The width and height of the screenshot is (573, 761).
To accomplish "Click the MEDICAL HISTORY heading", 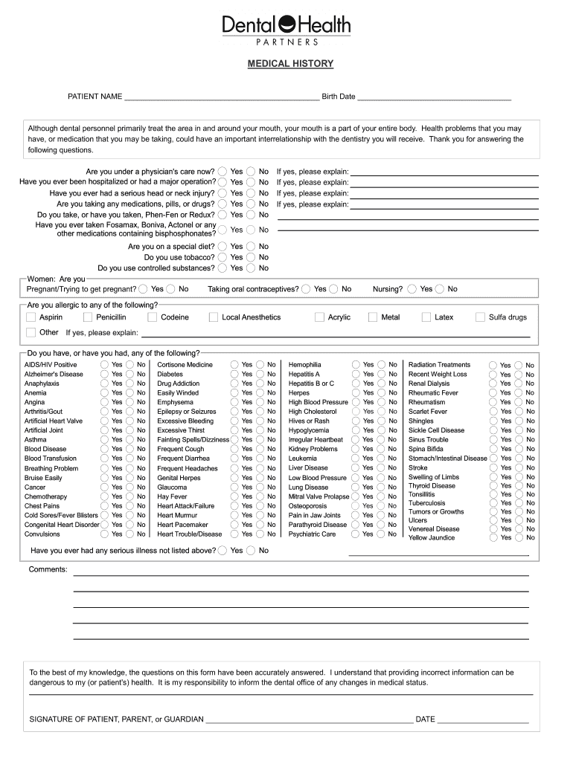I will click(290, 64).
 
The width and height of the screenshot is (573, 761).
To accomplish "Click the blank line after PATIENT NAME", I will click(222, 97).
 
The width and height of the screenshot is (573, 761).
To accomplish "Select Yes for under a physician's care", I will click(223, 171).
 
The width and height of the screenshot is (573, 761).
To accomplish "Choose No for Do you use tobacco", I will click(251, 257).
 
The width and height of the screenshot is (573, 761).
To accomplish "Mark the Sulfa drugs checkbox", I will click(480, 317).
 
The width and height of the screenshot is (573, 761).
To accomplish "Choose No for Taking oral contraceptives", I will click(333, 289).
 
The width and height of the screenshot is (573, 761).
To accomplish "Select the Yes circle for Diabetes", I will click(234, 375).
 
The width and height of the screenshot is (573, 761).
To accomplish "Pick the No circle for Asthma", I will click(129, 440).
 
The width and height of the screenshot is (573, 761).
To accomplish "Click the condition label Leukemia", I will click(302, 459).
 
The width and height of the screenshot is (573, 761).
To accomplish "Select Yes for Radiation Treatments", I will click(493, 365).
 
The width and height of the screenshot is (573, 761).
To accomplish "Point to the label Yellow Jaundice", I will click(432, 537).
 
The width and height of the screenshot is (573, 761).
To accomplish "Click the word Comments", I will click(48, 569).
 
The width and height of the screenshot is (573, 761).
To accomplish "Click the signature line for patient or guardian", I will click(309, 719).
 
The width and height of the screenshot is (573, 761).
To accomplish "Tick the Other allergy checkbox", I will click(31, 332).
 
